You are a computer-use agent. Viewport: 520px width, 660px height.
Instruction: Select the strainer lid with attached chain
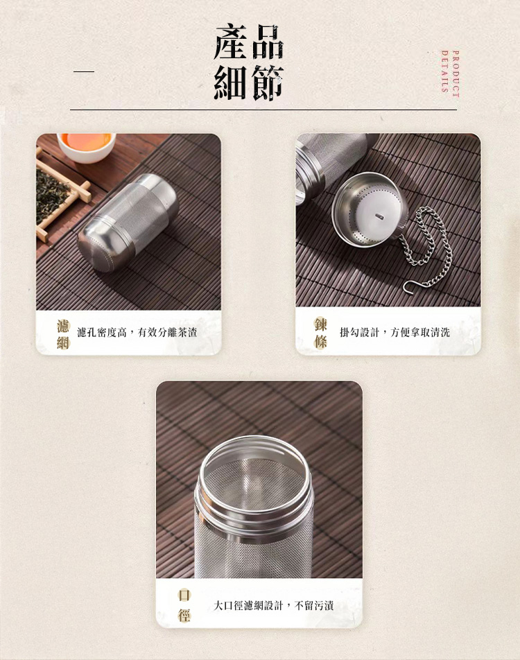(370, 209)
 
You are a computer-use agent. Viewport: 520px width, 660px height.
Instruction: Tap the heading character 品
(268, 43)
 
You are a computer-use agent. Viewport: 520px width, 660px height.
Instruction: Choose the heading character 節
(268, 83)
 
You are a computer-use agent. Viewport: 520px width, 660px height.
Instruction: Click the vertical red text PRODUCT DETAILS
(450, 71)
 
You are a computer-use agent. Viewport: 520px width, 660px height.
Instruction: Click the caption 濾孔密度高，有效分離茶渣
(137, 333)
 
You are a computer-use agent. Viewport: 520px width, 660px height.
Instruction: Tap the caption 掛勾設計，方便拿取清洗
(395, 333)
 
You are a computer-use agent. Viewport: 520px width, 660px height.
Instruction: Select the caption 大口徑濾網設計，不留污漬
(274, 606)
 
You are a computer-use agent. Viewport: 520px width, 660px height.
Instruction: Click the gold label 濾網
(63, 333)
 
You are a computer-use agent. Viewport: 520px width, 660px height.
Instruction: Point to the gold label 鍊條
(320, 333)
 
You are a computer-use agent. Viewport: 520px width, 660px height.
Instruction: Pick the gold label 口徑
(184, 605)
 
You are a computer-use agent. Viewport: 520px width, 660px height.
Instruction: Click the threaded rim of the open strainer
(255, 485)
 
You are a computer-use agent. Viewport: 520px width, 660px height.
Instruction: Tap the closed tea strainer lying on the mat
(128, 222)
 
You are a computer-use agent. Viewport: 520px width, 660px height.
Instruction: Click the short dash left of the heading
(84, 71)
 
